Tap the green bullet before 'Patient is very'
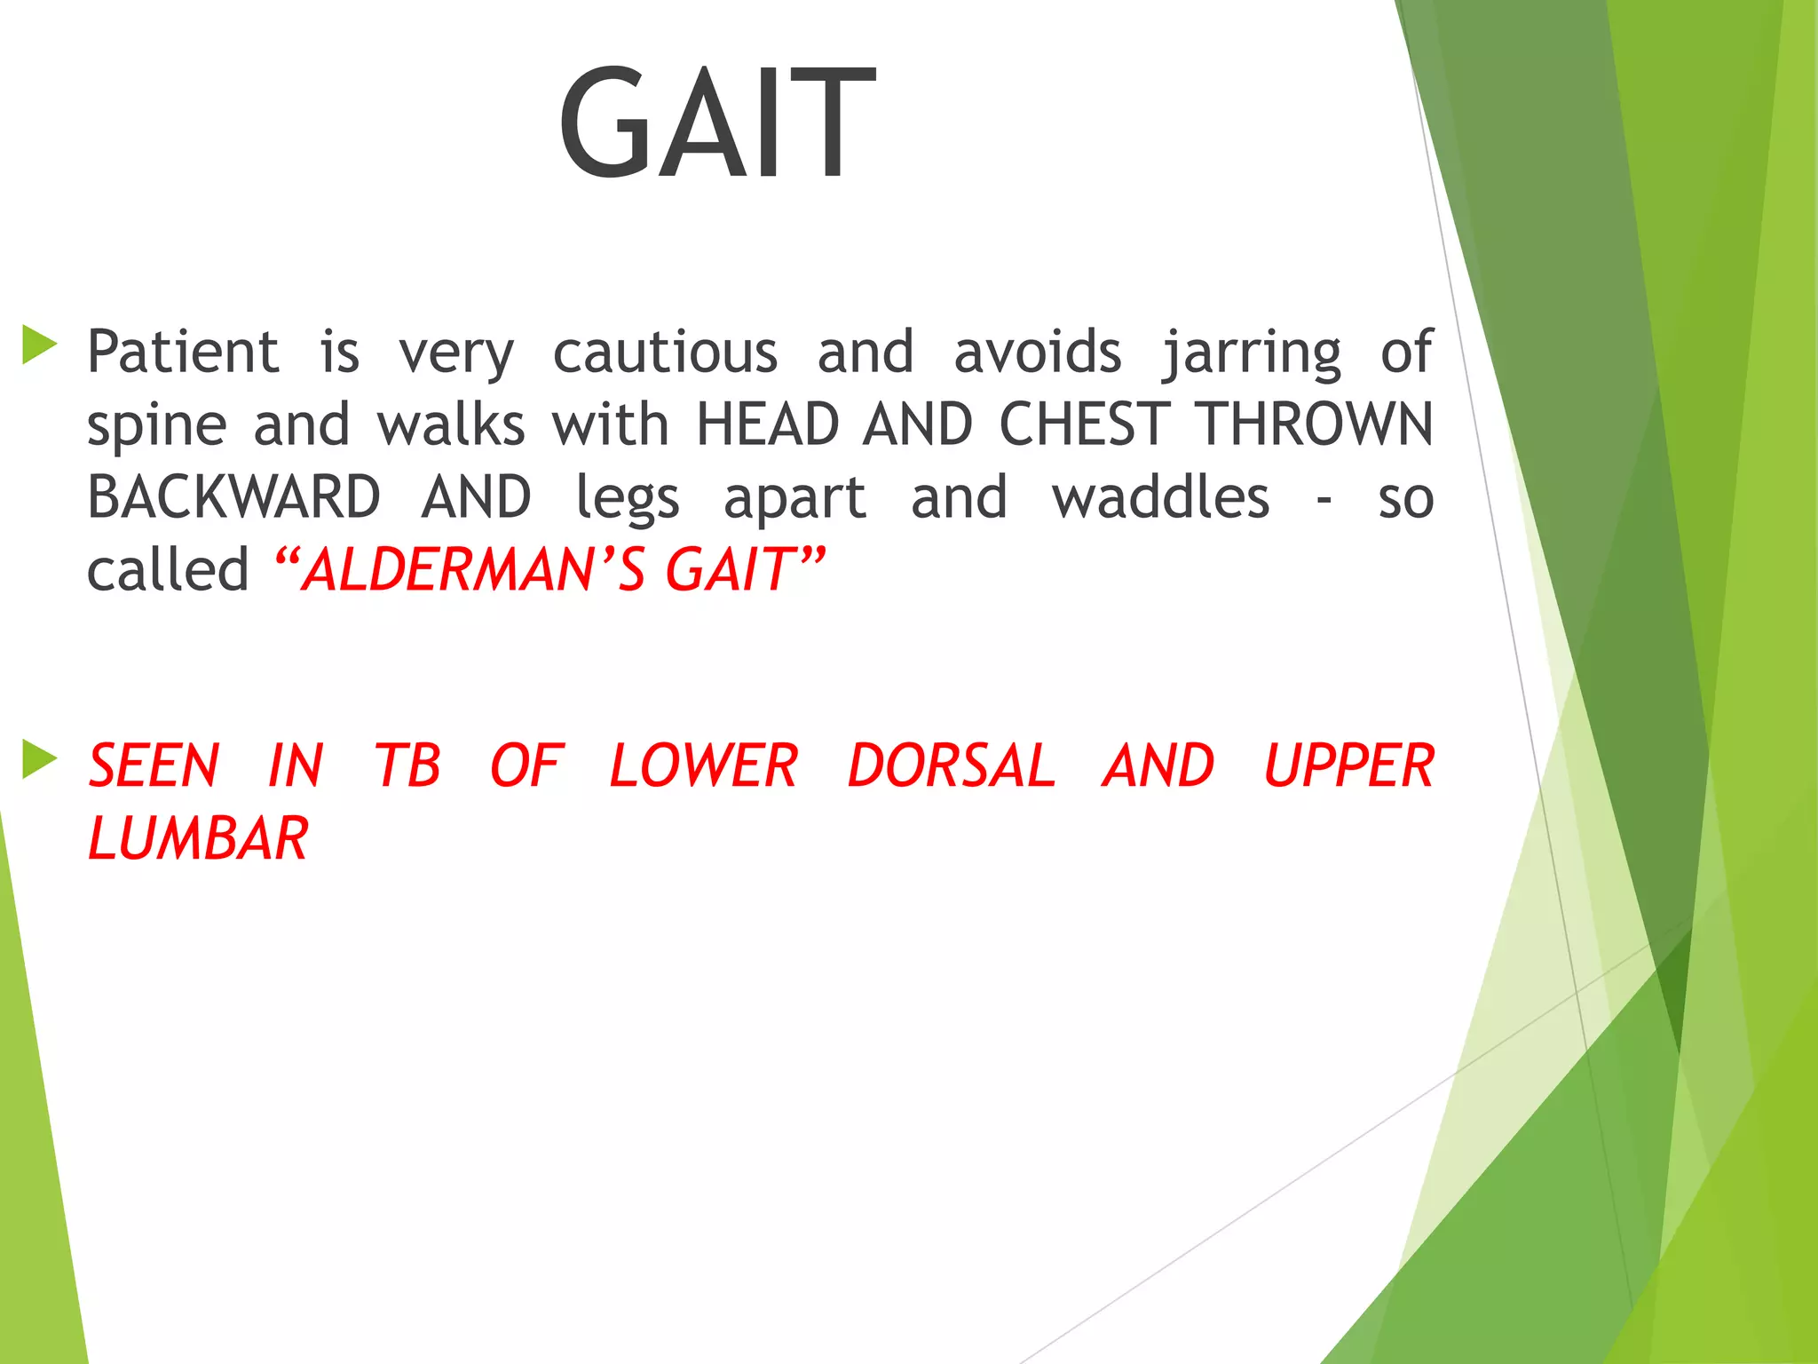(x=39, y=345)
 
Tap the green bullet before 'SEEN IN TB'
(x=39, y=759)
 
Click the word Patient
(x=183, y=352)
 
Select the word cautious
(x=665, y=352)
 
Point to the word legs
(x=627, y=499)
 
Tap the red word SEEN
(x=154, y=765)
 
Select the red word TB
(x=407, y=765)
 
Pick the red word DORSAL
(x=951, y=765)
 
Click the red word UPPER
(x=1348, y=765)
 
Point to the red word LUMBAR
(x=198, y=838)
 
